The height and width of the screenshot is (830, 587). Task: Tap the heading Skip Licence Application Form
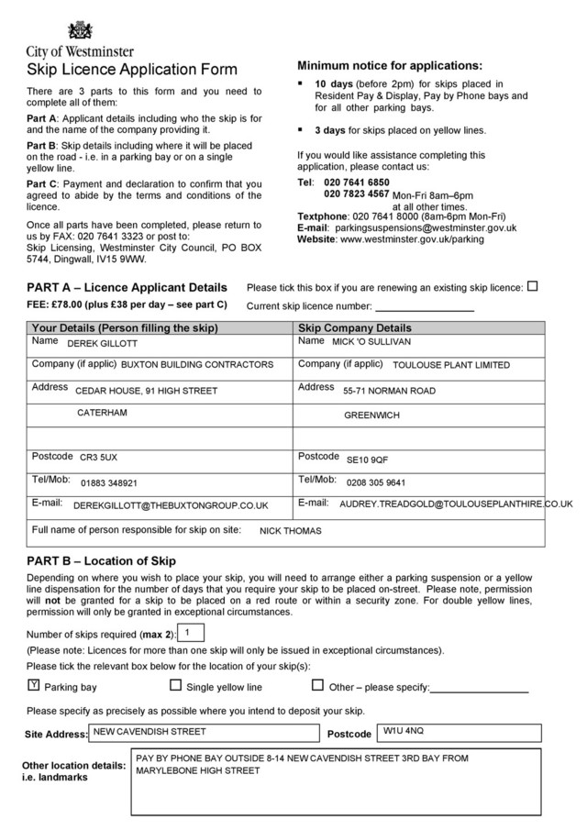132,70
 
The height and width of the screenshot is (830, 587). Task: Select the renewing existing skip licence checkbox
533,286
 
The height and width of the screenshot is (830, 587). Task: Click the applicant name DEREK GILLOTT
102,344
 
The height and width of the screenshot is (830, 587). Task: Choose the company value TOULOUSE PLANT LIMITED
450,365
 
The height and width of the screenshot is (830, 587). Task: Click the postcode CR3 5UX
98,457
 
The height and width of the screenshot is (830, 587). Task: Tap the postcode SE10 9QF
367,459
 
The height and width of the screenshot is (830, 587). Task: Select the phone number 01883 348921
109,482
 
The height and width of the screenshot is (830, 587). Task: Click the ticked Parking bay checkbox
34,685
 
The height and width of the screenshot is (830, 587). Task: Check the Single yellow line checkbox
176,685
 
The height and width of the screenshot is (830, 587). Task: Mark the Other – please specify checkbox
318,685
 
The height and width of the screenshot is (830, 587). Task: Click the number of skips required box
190,633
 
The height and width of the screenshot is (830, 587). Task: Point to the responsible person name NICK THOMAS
291,530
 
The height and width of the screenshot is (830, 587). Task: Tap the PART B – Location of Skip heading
101,560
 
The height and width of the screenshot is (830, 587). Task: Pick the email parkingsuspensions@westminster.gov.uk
425,227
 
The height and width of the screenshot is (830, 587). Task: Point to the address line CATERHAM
102,413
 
